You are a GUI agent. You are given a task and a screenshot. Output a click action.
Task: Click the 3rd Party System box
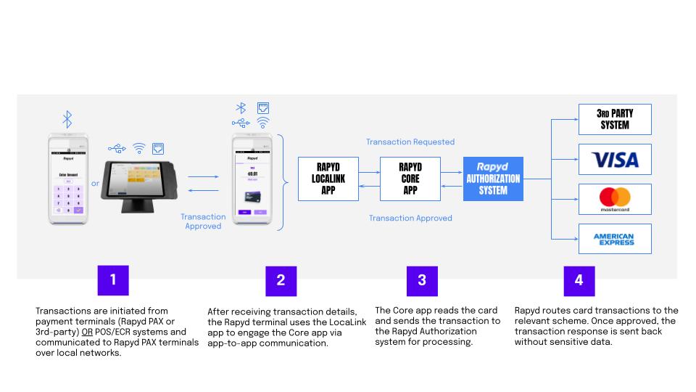point(615,119)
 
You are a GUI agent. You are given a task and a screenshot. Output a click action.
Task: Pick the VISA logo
point(615,159)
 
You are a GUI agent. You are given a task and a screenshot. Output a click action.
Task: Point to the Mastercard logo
point(615,199)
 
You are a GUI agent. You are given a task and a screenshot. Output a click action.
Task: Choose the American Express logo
point(615,239)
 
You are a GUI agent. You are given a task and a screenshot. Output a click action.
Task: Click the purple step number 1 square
point(112,280)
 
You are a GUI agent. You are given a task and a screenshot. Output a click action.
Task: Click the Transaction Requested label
point(410,142)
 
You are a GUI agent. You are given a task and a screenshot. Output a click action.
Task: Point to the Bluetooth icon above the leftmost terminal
point(67,119)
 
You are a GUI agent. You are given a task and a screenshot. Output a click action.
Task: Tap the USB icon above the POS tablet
point(117,149)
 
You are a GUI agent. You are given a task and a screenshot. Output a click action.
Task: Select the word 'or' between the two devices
point(95,184)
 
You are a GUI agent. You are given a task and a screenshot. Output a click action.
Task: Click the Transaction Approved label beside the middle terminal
point(203,221)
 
